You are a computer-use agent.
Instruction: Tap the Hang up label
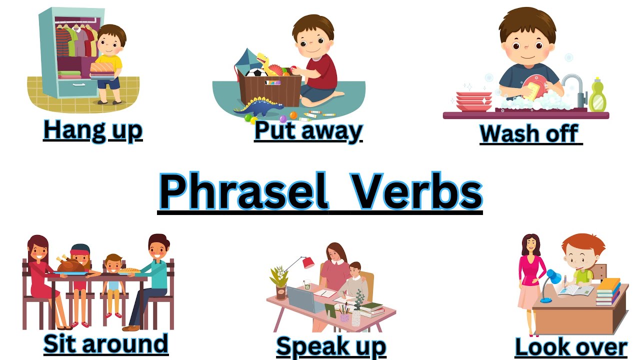pos(93,129)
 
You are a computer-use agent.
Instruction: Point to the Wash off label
pos(530,133)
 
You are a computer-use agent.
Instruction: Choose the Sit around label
pos(105,343)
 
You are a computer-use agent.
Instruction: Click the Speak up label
pos(331,346)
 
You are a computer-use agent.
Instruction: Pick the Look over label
pos(571,347)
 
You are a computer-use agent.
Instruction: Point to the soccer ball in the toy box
pos(257,73)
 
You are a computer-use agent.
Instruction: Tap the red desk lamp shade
pos(308,262)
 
